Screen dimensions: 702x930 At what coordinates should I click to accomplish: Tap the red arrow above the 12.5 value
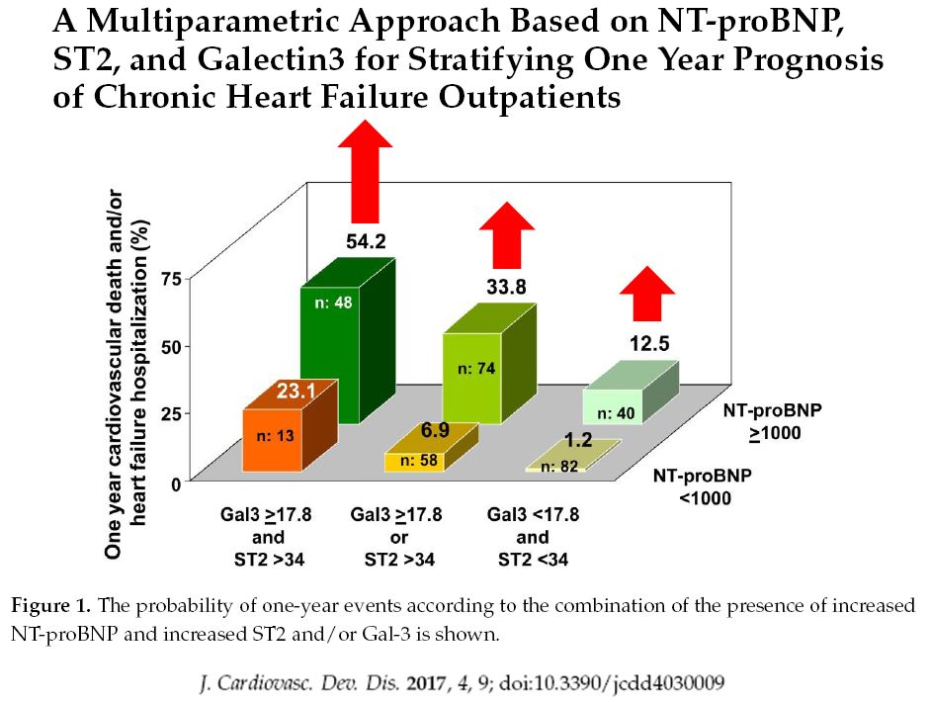[648, 292]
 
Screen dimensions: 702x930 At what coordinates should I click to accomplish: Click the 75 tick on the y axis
[170, 280]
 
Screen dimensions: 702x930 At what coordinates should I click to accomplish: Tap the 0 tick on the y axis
[176, 483]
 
